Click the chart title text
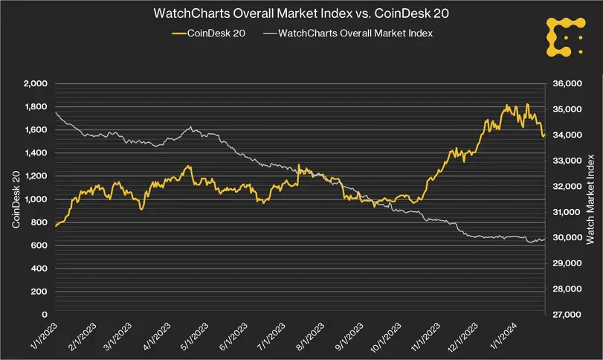[301, 14]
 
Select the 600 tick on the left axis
[38, 246]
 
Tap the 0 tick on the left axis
[45, 315]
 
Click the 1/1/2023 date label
[42, 335]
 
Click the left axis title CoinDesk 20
[15, 199]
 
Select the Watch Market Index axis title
[591, 199]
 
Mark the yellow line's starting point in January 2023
[56, 225]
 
